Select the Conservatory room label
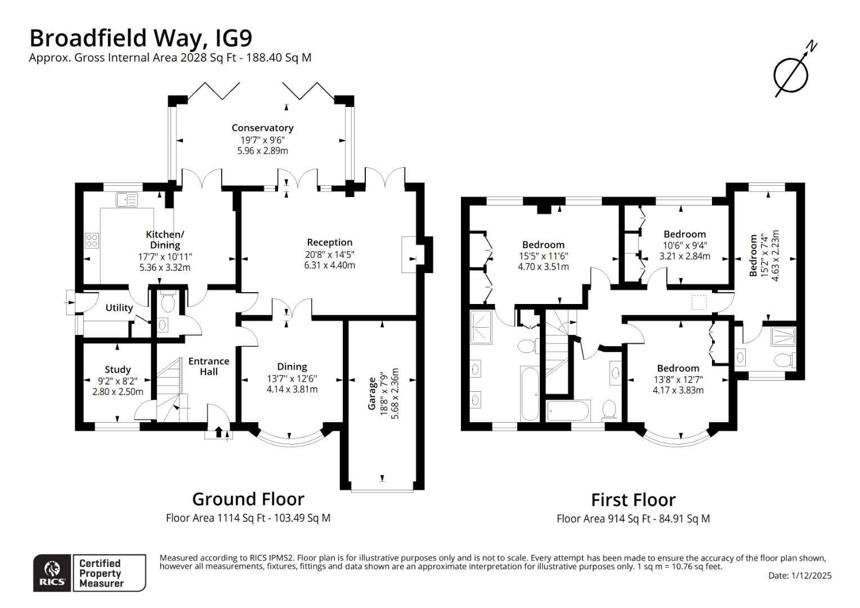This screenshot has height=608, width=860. click(262, 128)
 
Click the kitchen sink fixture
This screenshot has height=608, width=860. click(126, 199)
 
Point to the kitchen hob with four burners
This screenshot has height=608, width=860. click(91, 241)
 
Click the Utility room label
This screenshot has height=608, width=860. click(119, 307)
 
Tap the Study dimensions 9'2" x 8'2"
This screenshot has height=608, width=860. click(118, 381)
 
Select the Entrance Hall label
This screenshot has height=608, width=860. click(208, 366)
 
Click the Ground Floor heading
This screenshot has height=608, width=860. click(248, 499)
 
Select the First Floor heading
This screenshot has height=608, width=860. click(633, 500)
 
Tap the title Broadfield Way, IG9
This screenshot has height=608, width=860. click(141, 38)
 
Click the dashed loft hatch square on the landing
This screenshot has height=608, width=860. click(698, 302)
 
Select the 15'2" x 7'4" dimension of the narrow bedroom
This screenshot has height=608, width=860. click(764, 256)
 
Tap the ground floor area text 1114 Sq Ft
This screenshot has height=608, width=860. click(248, 518)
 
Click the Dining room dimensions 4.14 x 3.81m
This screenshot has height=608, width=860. click(292, 389)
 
